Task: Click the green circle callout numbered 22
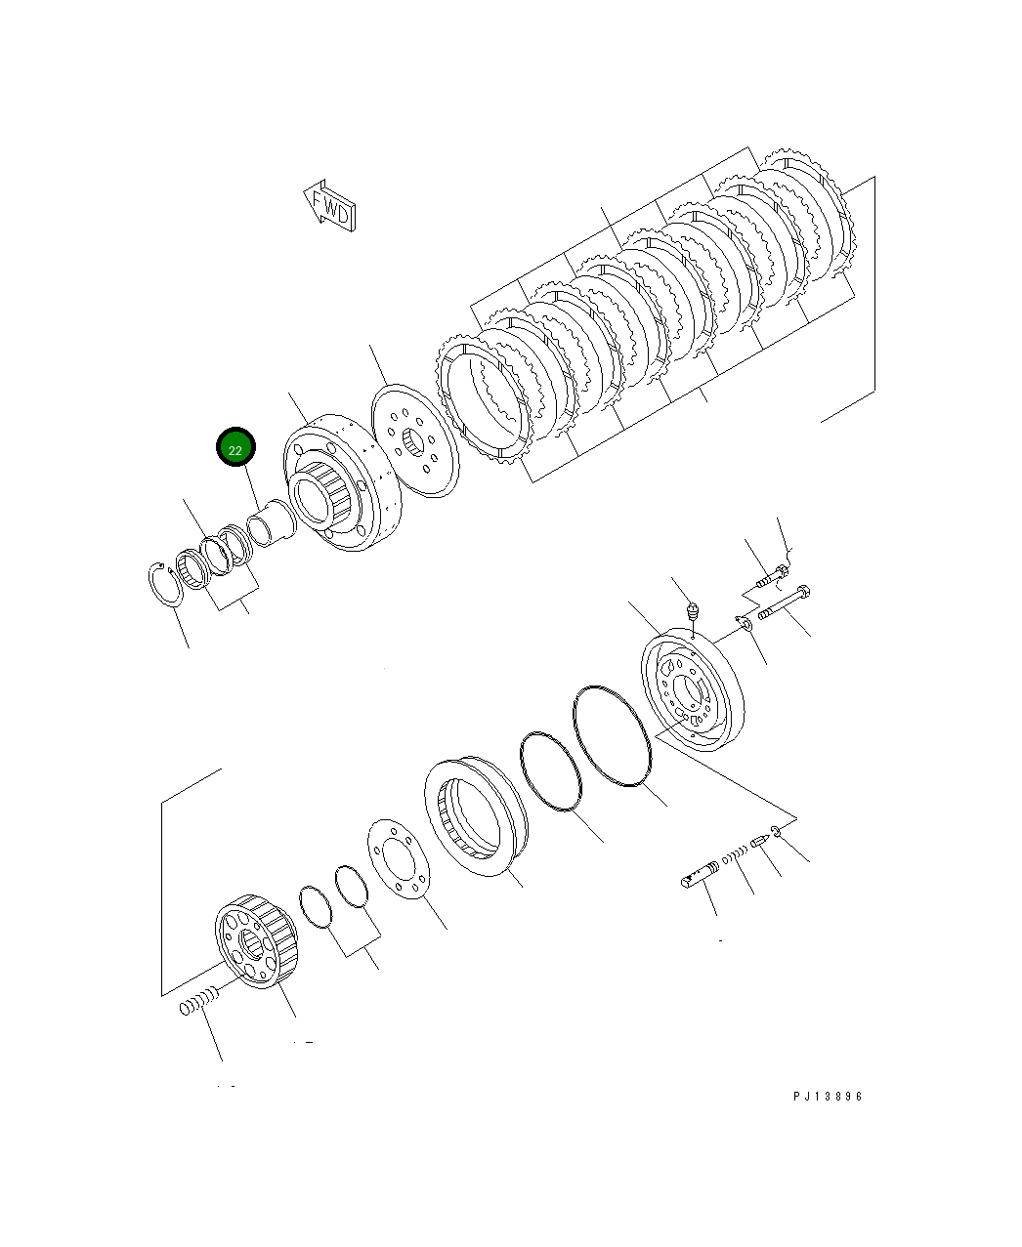[x=235, y=448]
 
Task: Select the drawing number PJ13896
[x=828, y=1097]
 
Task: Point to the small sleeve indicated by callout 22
[x=269, y=522]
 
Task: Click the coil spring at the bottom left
[x=196, y=1003]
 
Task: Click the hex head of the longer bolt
[x=804, y=592]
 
